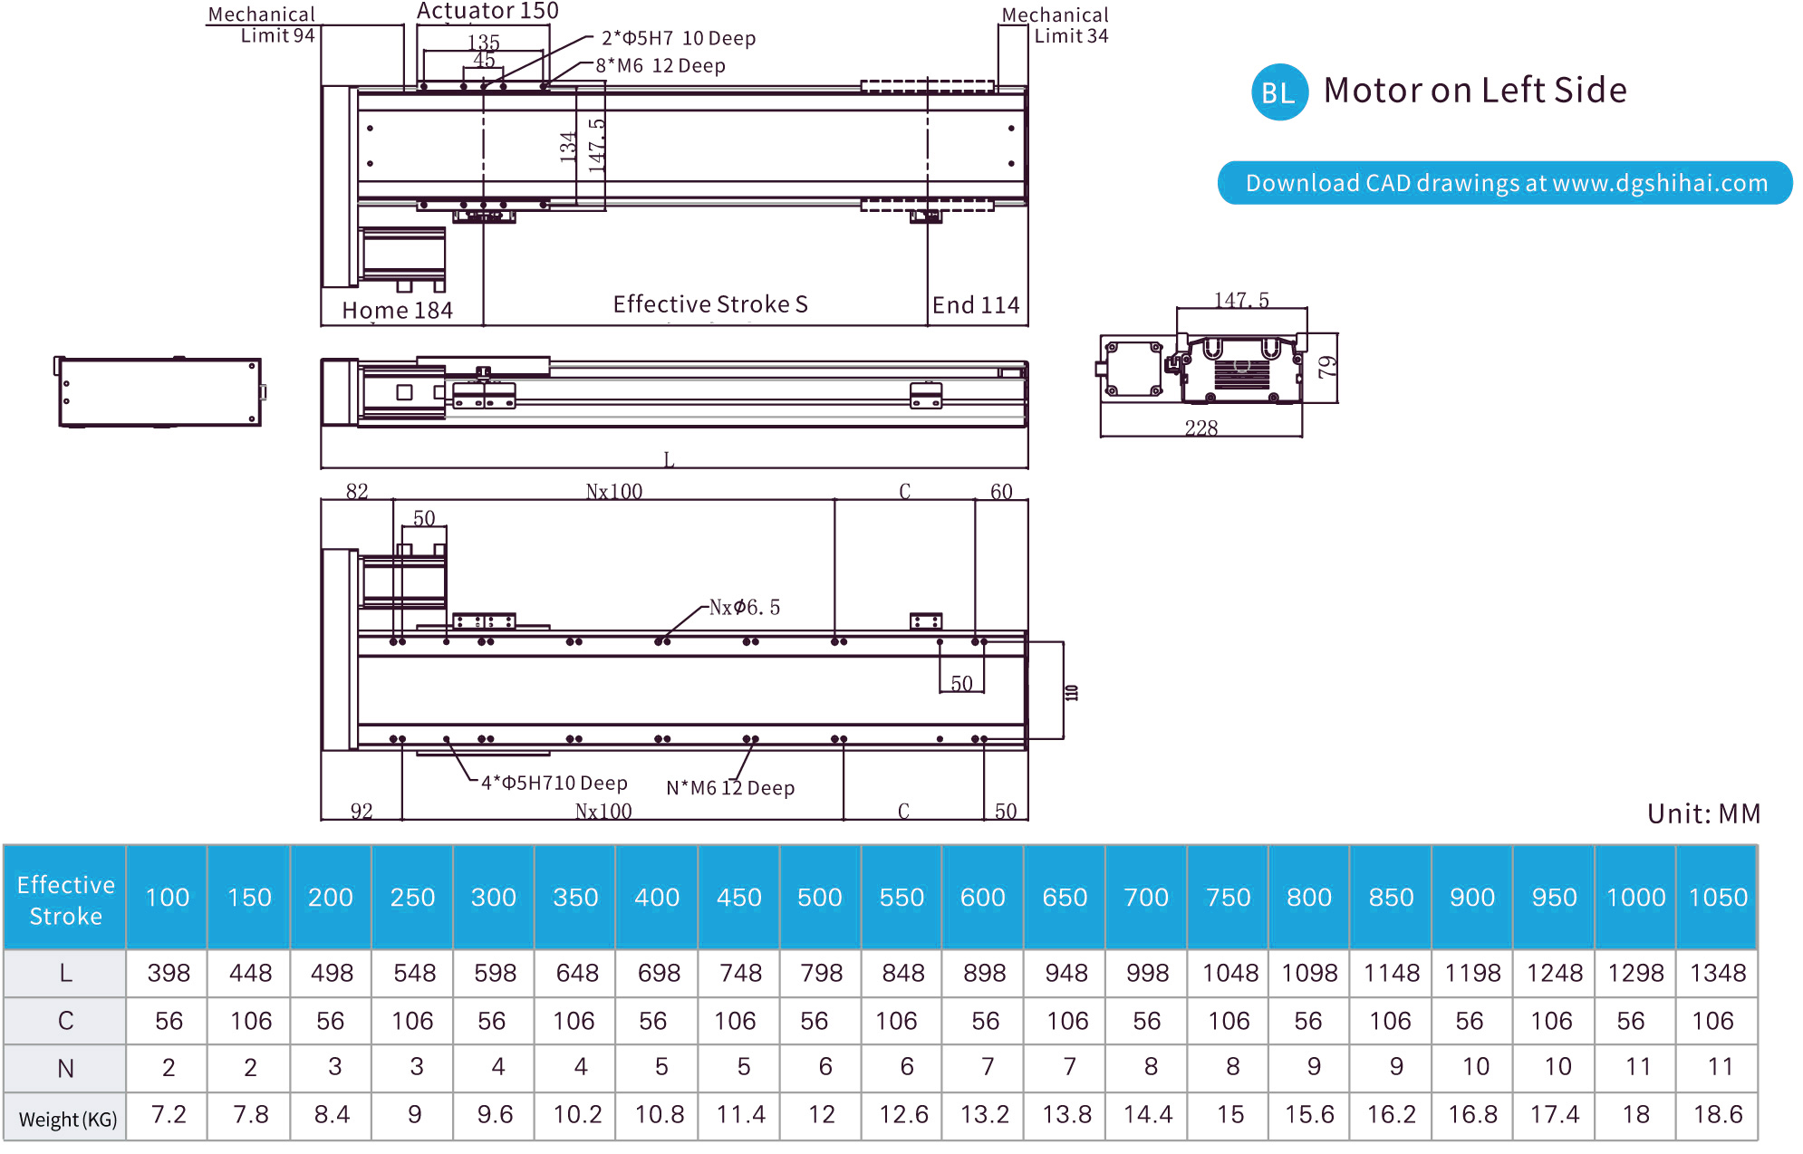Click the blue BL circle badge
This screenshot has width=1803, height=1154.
1278,91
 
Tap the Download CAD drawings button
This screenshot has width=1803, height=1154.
1505,183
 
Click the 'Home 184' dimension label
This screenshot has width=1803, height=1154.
397,311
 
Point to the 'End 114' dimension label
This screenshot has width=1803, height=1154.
976,305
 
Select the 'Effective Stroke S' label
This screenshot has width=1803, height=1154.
710,304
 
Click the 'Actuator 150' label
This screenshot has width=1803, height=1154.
487,12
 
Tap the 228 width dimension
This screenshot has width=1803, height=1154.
1201,428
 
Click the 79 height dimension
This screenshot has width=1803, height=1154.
1326,367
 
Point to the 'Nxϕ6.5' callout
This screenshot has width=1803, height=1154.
744,607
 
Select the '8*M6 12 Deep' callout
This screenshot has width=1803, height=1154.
660,66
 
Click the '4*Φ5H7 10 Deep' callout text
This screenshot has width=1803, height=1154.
554,783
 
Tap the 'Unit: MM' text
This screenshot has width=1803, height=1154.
1703,813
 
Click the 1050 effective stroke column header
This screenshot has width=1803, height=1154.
1717,898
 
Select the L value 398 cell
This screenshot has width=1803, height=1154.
169,974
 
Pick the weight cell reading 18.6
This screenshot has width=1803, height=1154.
1717,1114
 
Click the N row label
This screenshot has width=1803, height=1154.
65,1069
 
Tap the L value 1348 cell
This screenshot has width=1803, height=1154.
1717,974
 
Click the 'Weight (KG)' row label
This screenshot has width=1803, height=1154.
67,1120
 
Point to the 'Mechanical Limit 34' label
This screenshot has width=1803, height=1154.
1056,25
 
